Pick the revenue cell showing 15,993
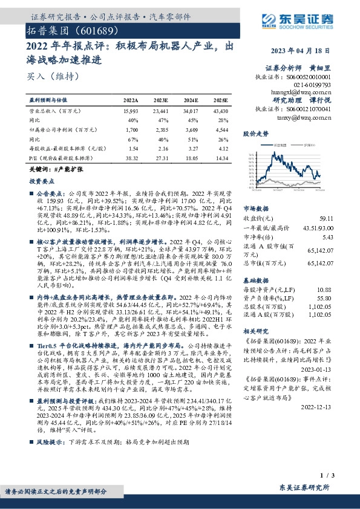(x=130, y=112)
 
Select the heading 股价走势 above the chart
(x=255, y=132)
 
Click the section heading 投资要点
(x=40, y=181)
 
